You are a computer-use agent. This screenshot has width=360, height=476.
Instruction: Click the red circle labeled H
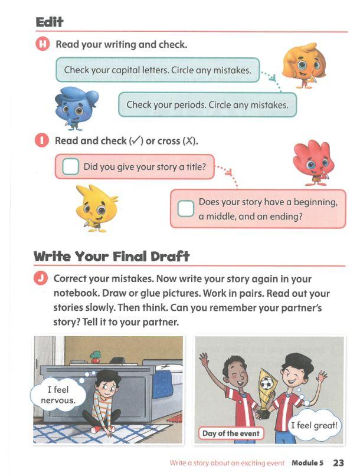click(x=42, y=44)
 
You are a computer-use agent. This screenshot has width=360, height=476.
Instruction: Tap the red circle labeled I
click(x=42, y=140)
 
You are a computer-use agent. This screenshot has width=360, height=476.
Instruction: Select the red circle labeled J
click(x=41, y=278)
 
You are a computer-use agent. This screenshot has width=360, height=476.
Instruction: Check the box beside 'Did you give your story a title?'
click(x=70, y=166)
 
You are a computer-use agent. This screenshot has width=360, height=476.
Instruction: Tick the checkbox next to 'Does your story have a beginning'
click(x=186, y=209)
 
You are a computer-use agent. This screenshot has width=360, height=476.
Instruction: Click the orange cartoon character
click(x=304, y=65)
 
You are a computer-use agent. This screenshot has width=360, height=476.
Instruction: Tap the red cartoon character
click(x=313, y=162)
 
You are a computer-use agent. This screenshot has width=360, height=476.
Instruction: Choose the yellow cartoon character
click(x=96, y=208)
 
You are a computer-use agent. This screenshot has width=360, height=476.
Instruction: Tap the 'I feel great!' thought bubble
click(x=314, y=425)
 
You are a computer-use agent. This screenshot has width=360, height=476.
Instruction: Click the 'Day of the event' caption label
click(x=231, y=433)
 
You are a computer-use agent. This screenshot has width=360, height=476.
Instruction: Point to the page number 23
click(x=338, y=462)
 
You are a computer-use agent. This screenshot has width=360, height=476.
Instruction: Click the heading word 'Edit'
click(x=49, y=22)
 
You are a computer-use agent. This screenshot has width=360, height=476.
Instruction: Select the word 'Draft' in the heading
click(x=170, y=257)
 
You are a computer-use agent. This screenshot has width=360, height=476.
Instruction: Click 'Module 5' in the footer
click(x=307, y=462)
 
